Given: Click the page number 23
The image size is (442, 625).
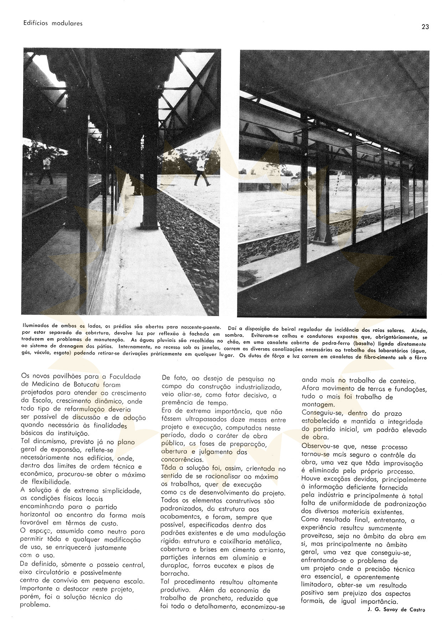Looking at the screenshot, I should [425, 27].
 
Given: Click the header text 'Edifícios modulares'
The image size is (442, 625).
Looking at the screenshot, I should [53, 23].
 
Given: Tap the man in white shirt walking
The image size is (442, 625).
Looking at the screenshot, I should [202, 170].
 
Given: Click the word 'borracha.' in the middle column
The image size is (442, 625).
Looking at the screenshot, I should [175, 574].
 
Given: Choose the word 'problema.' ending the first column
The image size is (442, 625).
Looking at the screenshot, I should [35, 605].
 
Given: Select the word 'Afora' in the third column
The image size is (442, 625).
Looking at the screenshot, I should [310, 388].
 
